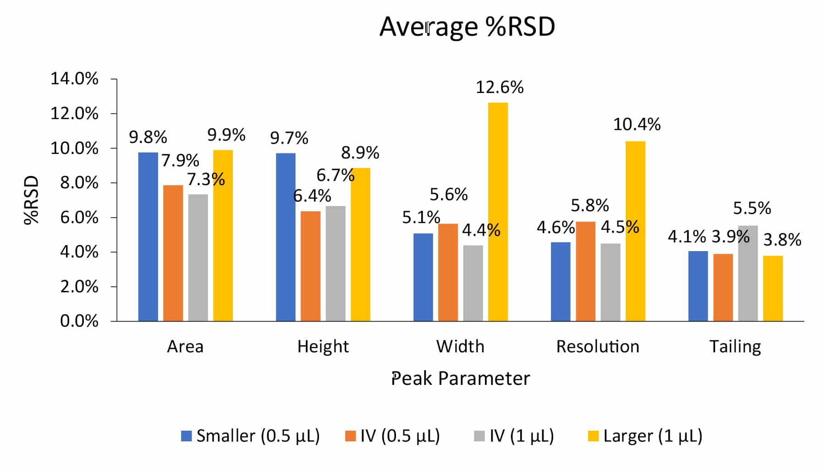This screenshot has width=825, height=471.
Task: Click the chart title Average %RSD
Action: (x=467, y=27)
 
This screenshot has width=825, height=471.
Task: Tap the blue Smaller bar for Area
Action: (x=148, y=236)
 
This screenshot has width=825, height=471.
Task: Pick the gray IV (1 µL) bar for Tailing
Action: (x=748, y=273)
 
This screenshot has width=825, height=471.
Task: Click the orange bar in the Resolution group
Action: (x=585, y=271)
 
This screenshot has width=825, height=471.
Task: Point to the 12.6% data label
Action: (x=499, y=87)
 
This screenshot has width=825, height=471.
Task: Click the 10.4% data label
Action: (x=637, y=124)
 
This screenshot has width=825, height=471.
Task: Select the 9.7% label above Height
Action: (x=289, y=138)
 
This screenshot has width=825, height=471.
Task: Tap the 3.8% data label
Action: (x=782, y=240)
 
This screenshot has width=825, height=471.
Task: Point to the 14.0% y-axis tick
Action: (x=74, y=79)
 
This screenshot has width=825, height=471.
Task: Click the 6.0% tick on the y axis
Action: (x=79, y=218)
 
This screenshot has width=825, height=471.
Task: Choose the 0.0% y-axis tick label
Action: (x=79, y=321)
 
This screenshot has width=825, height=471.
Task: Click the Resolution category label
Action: (x=597, y=346)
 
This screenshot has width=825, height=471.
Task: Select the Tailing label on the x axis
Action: (x=735, y=346)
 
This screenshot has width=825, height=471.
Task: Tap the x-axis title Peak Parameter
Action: (x=460, y=378)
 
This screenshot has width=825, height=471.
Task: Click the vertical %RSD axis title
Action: (x=32, y=200)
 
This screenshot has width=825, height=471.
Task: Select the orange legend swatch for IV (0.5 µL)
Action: (x=351, y=436)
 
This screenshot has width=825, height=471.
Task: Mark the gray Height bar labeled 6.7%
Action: (x=335, y=263)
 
